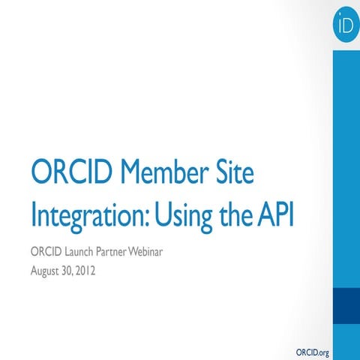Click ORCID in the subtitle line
click(x=46, y=250)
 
